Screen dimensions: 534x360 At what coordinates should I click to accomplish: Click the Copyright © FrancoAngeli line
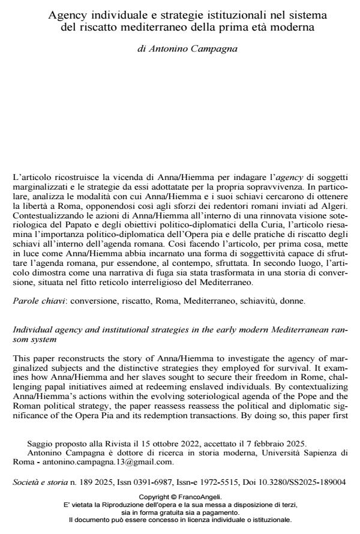(179, 497)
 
